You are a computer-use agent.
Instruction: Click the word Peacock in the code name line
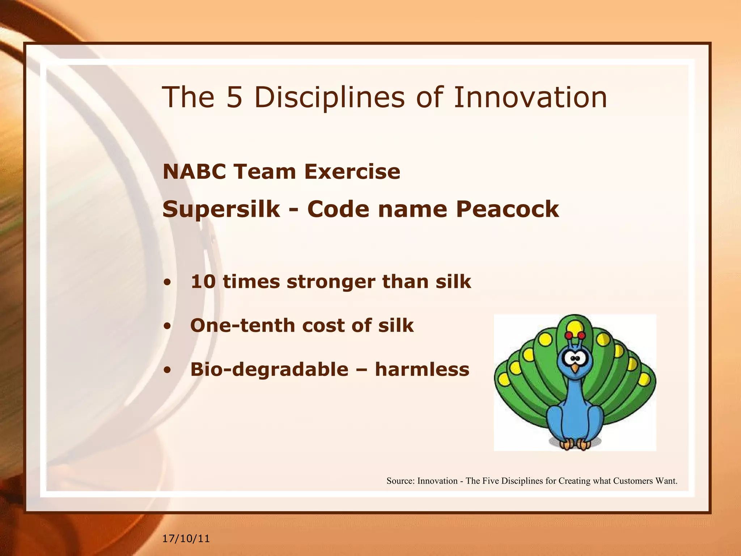point(507,209)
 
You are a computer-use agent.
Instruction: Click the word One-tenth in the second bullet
point(242,325)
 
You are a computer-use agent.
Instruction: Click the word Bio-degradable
point(269,370)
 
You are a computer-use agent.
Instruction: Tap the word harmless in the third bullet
point(422,369)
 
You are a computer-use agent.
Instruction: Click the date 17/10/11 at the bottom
point(186,539)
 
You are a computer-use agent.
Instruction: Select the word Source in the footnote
point(400,481)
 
